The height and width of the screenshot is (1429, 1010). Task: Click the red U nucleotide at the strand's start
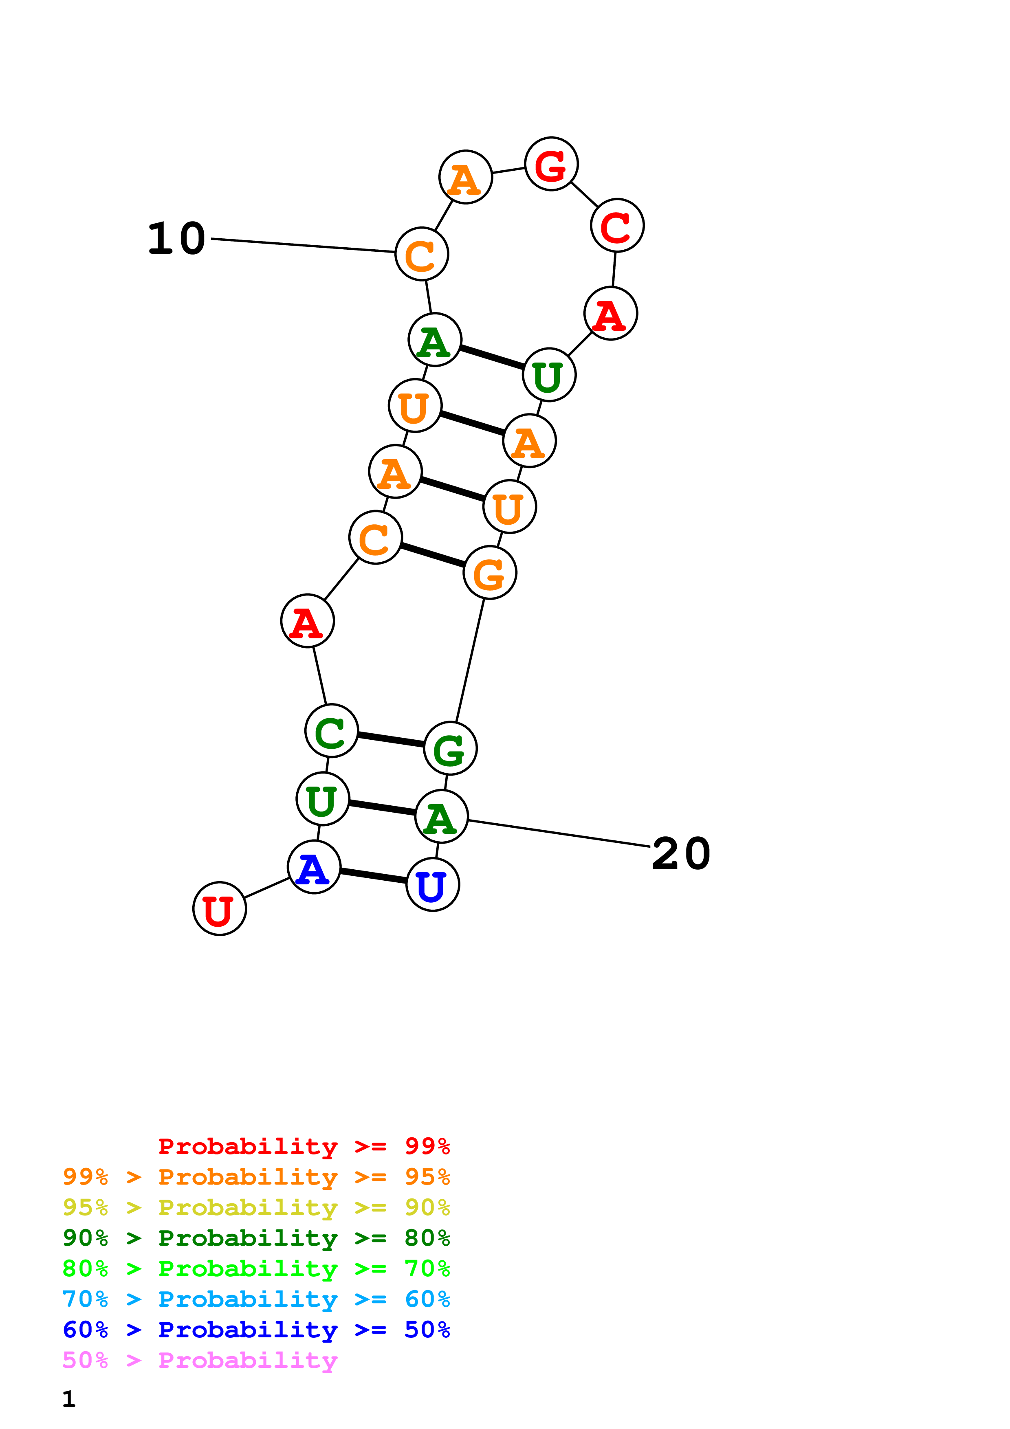coord(219,909)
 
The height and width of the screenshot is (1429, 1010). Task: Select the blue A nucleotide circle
coord(314,867)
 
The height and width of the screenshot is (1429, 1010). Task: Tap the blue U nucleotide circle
coord(433,884)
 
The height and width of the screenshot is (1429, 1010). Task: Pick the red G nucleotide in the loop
coord(551,164)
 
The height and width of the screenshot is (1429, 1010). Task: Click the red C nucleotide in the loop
coord(617,225)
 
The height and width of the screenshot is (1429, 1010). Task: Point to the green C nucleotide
coord(331,731)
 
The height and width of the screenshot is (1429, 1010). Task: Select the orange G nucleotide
coord(490,573)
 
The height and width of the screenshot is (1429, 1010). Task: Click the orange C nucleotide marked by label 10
coord(422,254)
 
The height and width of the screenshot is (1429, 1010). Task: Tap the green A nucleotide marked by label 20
coord(441,817)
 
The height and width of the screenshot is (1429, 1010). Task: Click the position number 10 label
coord(177,238)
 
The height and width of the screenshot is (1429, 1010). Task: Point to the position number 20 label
coord(681,853)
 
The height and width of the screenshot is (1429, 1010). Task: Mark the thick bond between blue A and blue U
coord(373,876)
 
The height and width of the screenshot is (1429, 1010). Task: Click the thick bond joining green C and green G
coord(391,739)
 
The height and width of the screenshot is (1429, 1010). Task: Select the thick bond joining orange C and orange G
coord(433,555)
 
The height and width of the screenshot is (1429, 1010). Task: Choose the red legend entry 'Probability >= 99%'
coord(304,1146)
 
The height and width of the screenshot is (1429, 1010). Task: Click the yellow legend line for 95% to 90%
coord(256,1207)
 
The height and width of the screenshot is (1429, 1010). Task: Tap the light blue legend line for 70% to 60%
coord(256,1299)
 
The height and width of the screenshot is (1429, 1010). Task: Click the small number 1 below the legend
coord(68,1399)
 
